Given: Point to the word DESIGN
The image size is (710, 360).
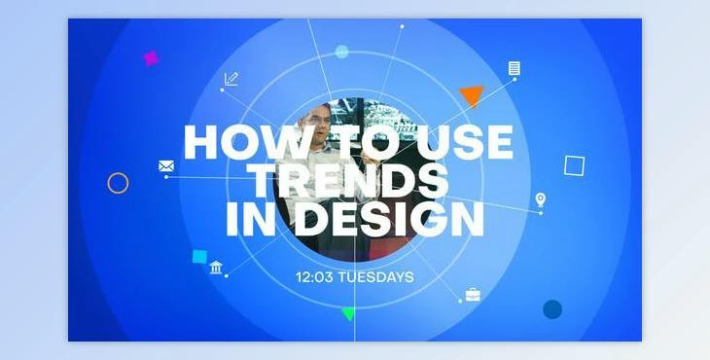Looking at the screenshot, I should tap(391, 220).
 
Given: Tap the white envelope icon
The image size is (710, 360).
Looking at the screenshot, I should tap(165, 165).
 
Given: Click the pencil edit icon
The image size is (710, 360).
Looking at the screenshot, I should tap(231, 79).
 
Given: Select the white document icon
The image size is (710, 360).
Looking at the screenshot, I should tap(514, 68).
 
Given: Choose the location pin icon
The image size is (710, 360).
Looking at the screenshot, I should tap(541, 200).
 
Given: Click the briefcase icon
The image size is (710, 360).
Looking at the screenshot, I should tap(473, 294).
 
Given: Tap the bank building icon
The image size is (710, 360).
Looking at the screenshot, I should tap(216, 268).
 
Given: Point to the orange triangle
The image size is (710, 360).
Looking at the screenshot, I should tap(472, 95).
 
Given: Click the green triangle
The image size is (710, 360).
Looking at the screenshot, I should tap(348, 313).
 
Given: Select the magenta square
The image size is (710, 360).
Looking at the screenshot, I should tap(151, 58).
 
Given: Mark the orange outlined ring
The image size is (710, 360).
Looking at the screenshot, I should tap(118, 183).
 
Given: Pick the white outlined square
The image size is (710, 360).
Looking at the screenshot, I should tap(574, 165).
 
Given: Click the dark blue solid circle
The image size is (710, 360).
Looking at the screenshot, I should tap(552, 309).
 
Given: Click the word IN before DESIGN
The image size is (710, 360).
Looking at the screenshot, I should tap(249, 220).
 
